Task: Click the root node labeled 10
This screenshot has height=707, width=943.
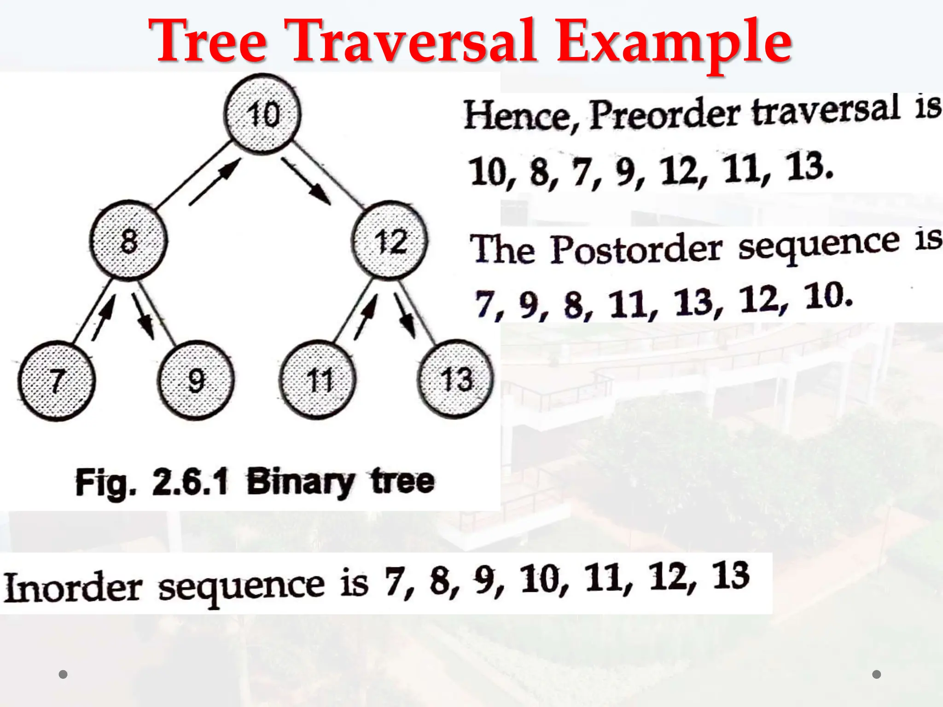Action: (x=262, y=114)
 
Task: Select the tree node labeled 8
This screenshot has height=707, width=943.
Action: (x=128, y=240)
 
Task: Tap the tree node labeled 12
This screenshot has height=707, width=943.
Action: (x=390, y=240)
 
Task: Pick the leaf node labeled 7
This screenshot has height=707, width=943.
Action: (x=57, y=381)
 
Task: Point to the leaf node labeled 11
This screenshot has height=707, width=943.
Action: (x=318, y=380)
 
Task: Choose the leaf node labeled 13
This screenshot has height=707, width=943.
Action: (x=455, y=379)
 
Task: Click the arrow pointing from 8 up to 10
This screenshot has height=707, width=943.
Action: (x=215, y=182)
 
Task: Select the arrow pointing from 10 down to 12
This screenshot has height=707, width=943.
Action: (x=306, y=181)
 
